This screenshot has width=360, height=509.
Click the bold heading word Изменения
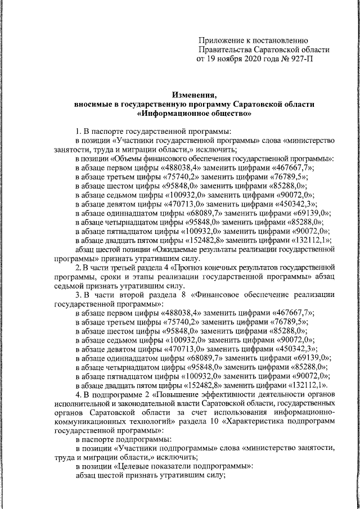(x=193, y=95)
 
